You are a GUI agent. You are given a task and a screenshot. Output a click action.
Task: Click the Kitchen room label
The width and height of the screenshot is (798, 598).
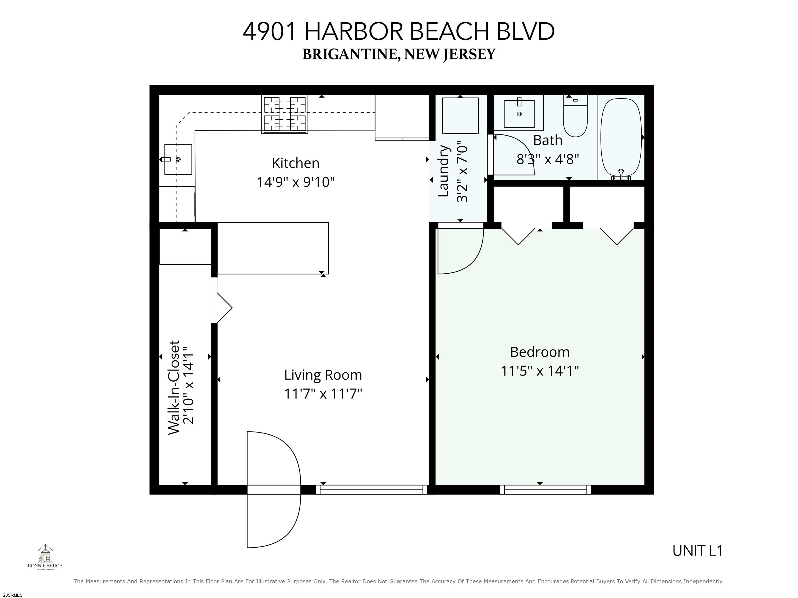click(x=295, y=163)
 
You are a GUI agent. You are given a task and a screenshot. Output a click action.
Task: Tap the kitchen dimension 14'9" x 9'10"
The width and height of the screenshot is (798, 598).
click(x=295, y=182)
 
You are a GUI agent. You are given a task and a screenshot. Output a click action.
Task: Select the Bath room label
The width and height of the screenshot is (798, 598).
click(x=547, y=140)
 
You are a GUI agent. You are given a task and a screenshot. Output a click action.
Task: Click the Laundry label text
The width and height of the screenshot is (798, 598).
click(x=443, y=171)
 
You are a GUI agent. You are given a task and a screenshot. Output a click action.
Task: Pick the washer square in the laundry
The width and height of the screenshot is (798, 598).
click(x=460, y=115)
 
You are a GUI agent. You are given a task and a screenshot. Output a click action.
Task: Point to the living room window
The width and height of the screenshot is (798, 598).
click(x=371, y=489)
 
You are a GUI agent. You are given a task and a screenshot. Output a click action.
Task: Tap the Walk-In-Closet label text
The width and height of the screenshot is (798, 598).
click(x=174, y=388)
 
